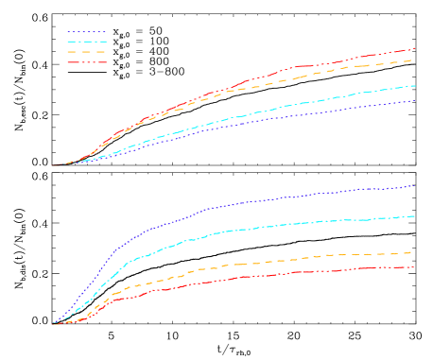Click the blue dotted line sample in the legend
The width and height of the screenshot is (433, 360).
coord(87,31)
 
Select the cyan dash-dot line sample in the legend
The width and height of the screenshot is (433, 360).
coord(87,42)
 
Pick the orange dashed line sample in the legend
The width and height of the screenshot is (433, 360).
coord(87,52)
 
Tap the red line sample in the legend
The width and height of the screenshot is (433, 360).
coord(87,62)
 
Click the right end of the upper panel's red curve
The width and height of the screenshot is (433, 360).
coord(415,47)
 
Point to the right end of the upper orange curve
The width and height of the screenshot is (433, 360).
coord(415,60)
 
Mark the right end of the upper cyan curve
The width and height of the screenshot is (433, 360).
coord(415,85)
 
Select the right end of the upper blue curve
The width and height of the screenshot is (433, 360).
coord(415,100)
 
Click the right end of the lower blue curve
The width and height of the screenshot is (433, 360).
coord(415,185)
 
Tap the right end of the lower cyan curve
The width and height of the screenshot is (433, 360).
coord(415,216)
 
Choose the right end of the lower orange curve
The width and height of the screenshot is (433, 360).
coord(415,252)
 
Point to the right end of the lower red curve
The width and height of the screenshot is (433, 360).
coord(415,267)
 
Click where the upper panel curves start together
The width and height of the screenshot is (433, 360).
coord(54,165)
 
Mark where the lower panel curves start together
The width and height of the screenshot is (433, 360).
coord(54,324)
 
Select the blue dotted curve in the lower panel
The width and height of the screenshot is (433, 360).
coord(236,202)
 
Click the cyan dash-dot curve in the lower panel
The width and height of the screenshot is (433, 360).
coord(236,230)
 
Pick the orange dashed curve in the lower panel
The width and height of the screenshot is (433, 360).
coord(236,265)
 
